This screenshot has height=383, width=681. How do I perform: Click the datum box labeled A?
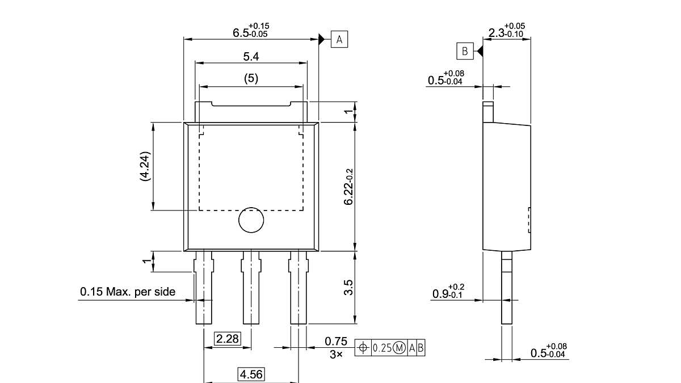pyautogui.click(x=339, y=39)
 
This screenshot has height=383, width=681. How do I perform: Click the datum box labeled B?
pyautogui.click(x=465, y=51)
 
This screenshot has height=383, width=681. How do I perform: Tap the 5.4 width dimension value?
pyautogui.click(x=251, y=56)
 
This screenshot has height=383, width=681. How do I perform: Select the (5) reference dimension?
pyautogui.click(x=251, y=79)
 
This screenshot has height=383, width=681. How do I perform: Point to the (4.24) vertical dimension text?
pyautogui.click(x=145, y=166)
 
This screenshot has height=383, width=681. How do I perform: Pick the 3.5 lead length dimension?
pyautogui.click(x=349, y=287)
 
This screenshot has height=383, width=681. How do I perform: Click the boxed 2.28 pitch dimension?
pyautogui.click(x=227, y=339)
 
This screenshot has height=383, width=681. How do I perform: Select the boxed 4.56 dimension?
pyautogui.click(x=251, y=374)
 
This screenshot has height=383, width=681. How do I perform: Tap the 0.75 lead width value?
pyautogui.click(x=335, y=341)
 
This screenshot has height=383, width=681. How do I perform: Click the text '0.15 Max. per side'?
pyautogui.click(x=128, y=292)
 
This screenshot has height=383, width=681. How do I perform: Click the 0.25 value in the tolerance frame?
pyautogui.click(x=381, y=348)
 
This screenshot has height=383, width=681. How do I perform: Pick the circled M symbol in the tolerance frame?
pyautogui.click(x=399, y=348)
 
